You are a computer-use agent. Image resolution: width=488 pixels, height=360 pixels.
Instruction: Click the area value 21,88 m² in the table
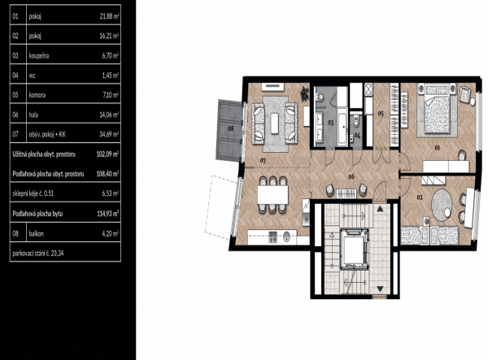(109, 16)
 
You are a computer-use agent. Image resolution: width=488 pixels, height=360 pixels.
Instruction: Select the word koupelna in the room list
(39, 56)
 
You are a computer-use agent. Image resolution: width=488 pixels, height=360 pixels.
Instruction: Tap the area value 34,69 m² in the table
(109, 135)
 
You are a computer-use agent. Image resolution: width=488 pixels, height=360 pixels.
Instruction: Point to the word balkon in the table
(37, 233)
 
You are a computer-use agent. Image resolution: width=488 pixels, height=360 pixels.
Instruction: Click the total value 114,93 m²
(108, 214)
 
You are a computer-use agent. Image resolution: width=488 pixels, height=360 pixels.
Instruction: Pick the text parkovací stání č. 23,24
(38, 253)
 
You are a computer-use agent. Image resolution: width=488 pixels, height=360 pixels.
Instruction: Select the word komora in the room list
(37, 95)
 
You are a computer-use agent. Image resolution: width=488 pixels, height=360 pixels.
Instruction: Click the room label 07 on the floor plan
(263, 161)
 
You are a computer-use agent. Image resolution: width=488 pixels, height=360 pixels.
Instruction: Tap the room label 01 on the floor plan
(438, 148)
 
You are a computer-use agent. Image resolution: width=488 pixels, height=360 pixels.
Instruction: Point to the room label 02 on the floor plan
(420, 197)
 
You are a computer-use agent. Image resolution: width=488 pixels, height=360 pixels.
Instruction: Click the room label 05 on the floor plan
(381, 114)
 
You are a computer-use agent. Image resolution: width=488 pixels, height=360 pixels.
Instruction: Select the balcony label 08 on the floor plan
(231, 128)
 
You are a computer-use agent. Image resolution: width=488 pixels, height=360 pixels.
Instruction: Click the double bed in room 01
(437, 110)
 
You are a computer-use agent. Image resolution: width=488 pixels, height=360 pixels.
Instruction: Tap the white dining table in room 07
(273, 195)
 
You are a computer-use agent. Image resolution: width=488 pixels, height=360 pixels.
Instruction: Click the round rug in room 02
(442, 205)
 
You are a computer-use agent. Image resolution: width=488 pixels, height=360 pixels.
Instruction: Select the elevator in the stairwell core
(355, 249)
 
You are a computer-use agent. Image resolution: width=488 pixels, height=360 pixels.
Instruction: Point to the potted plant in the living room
(305, 94)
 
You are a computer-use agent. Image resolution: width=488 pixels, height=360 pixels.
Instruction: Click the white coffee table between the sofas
(275, 124)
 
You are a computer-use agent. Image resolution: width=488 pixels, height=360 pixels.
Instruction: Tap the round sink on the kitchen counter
(286, 237)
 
